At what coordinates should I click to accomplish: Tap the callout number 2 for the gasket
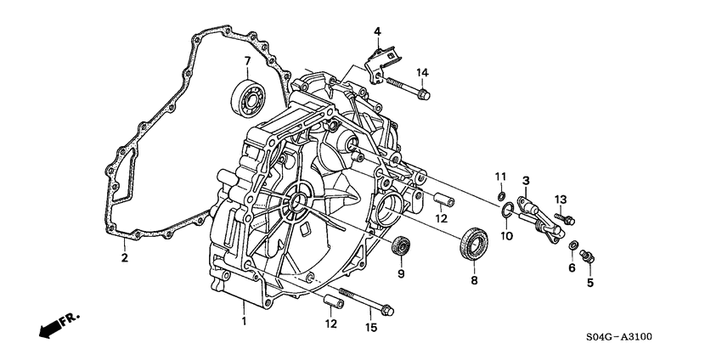(125, 257)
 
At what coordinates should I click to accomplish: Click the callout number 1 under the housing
(244, 321)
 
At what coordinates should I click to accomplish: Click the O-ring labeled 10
(505, 211)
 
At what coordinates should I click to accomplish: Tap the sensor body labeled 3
(535, 212)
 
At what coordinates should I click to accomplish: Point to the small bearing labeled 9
(400, 246)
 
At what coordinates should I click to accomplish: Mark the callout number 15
(370, 327)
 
